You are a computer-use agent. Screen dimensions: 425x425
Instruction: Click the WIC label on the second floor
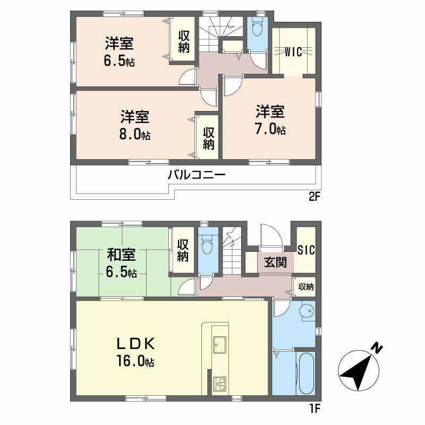[x=293, y=52]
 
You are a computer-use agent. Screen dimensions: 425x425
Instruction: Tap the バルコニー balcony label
[x=198, y=174]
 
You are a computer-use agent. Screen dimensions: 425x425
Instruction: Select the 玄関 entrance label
[x=275, y=262]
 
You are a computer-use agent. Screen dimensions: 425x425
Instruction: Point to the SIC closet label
[x=305, y=250]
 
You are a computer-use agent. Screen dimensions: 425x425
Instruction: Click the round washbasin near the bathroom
[x=307, y=312]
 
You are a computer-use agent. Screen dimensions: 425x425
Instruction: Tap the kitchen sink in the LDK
[x=219, y=344]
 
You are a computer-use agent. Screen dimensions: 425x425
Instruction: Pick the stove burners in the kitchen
[x=219, y=382]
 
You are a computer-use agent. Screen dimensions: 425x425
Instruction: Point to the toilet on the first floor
[x=208, y=246]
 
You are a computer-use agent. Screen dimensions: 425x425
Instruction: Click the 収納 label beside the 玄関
[x=305, y=287]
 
